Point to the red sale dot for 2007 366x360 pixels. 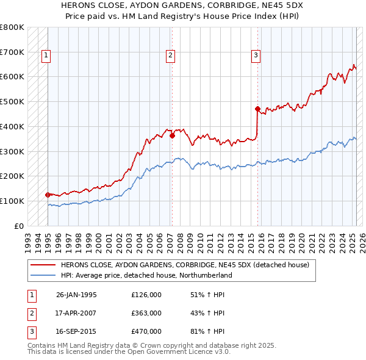172,136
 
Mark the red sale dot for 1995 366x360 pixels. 48,195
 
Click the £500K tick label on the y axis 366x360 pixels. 12,101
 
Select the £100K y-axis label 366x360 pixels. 12,201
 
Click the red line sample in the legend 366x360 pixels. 42,265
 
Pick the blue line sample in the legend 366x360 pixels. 42,275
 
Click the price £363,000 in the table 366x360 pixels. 146,313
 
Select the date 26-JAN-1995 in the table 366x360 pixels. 76,295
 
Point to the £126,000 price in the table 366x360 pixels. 146,295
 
